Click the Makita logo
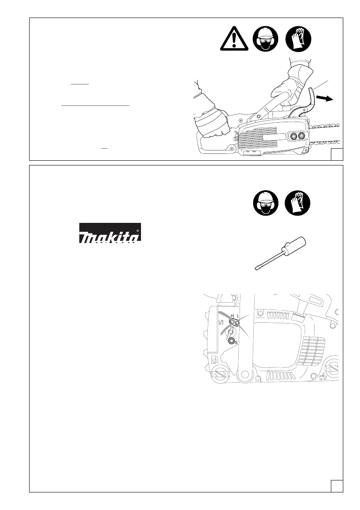click(110, 234)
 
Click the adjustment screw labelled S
click(232, 342)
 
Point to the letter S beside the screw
click(237, 343)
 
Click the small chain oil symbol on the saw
click(324, 377)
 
